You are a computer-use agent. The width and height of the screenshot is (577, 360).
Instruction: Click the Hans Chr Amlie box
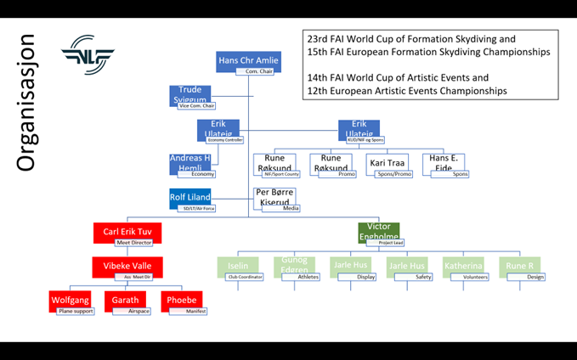[249, 61]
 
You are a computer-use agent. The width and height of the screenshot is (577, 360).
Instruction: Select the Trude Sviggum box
[190, 94]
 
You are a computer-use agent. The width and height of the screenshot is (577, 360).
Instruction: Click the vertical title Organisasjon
[26, 102]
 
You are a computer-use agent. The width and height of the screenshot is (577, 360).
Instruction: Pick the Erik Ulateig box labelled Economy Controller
[218, 129]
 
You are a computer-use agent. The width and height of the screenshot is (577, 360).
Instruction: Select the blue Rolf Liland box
[190, 198]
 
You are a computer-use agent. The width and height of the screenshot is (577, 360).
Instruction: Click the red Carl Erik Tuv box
[127, 232]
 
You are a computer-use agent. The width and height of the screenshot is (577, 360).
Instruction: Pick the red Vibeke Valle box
[127, 267]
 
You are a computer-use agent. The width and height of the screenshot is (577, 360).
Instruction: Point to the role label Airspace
[139, 312]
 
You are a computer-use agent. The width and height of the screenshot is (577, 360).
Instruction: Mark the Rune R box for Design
[519, 266]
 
